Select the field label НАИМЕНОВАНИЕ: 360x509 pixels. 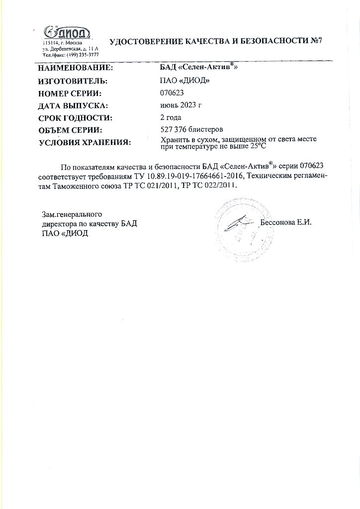tap(76, 68)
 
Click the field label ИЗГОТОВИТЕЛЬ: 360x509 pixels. tap(73, 81)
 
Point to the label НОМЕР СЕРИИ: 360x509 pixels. tap(70, 93)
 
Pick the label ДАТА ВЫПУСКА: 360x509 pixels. tap(73, 106)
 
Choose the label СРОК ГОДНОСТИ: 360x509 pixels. tap(75, 118)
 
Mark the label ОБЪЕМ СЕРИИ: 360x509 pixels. tap(70, 131)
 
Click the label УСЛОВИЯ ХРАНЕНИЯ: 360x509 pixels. tap(85, 144)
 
